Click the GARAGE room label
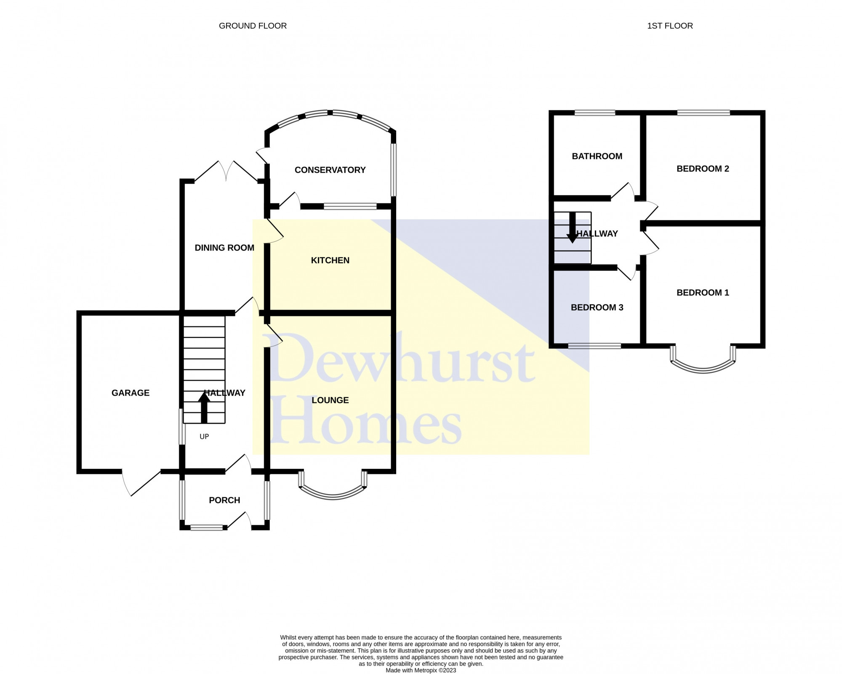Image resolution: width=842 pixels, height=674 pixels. point(131,393)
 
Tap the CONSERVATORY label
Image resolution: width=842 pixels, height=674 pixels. point(330,170)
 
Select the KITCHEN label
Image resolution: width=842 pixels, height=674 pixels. point(330,260)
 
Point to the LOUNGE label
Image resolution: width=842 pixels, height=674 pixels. point(330,400)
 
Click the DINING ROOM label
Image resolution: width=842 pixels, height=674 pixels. point(224,248)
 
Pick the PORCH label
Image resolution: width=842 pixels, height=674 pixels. point(224,500)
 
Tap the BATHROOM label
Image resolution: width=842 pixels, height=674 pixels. point(597,156)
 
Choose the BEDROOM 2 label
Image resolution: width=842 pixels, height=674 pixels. point(703,169)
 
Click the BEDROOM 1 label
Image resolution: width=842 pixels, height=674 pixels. point(703,293)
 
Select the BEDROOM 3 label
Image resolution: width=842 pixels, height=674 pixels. point(597,308)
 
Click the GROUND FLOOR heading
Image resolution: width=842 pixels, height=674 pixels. point(253,26)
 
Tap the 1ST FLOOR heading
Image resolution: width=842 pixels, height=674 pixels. point(670,26)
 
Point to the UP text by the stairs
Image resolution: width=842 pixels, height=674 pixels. point(204,437)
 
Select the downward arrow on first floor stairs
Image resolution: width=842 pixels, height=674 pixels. point(572,227)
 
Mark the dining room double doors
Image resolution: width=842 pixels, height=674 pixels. point(226,171)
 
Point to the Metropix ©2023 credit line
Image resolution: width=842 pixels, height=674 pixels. point(421,671)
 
